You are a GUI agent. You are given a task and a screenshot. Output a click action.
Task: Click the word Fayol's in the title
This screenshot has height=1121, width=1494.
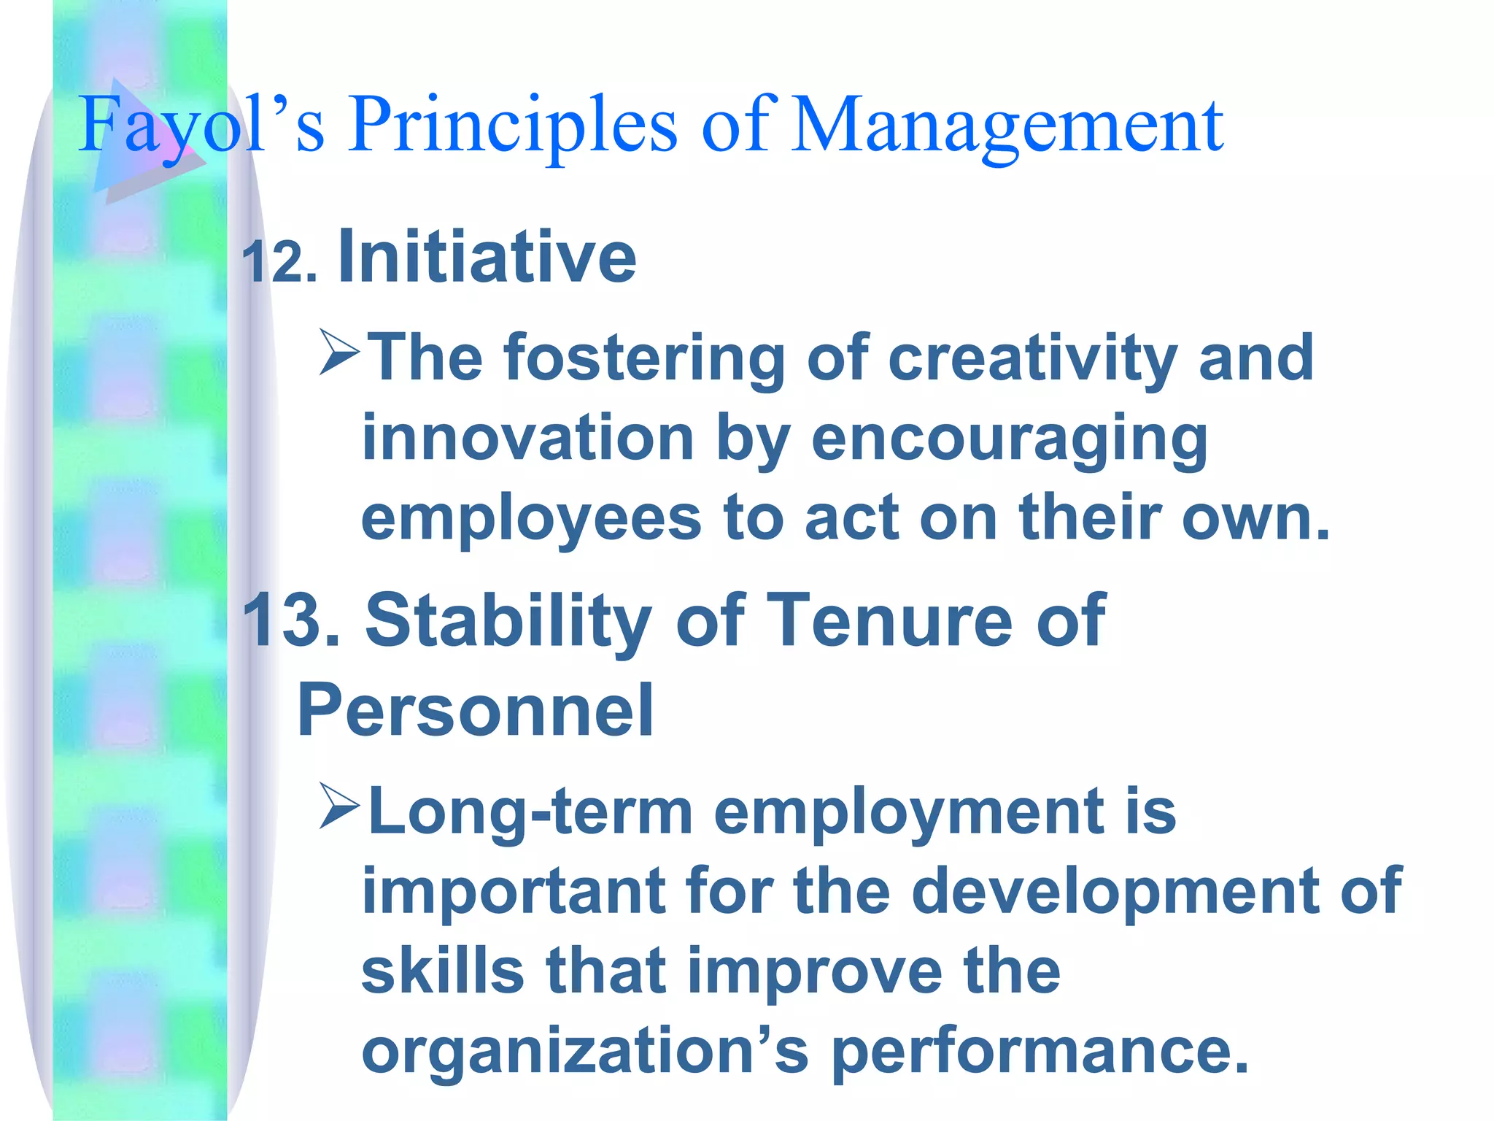coord(201,126)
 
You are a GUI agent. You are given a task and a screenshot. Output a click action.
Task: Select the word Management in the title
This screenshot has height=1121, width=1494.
coord(1007,126)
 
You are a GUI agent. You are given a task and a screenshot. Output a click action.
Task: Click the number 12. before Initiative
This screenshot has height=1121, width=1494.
coord(279,263)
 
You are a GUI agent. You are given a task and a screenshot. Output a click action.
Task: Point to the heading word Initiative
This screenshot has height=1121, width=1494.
coord(487,257)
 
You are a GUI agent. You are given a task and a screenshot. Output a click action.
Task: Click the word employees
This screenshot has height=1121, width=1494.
coord(531,520)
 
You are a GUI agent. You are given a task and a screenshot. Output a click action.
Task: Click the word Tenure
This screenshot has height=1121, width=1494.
coord(889,620)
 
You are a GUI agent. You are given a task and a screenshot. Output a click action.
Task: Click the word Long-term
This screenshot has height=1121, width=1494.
coord(530,812)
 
